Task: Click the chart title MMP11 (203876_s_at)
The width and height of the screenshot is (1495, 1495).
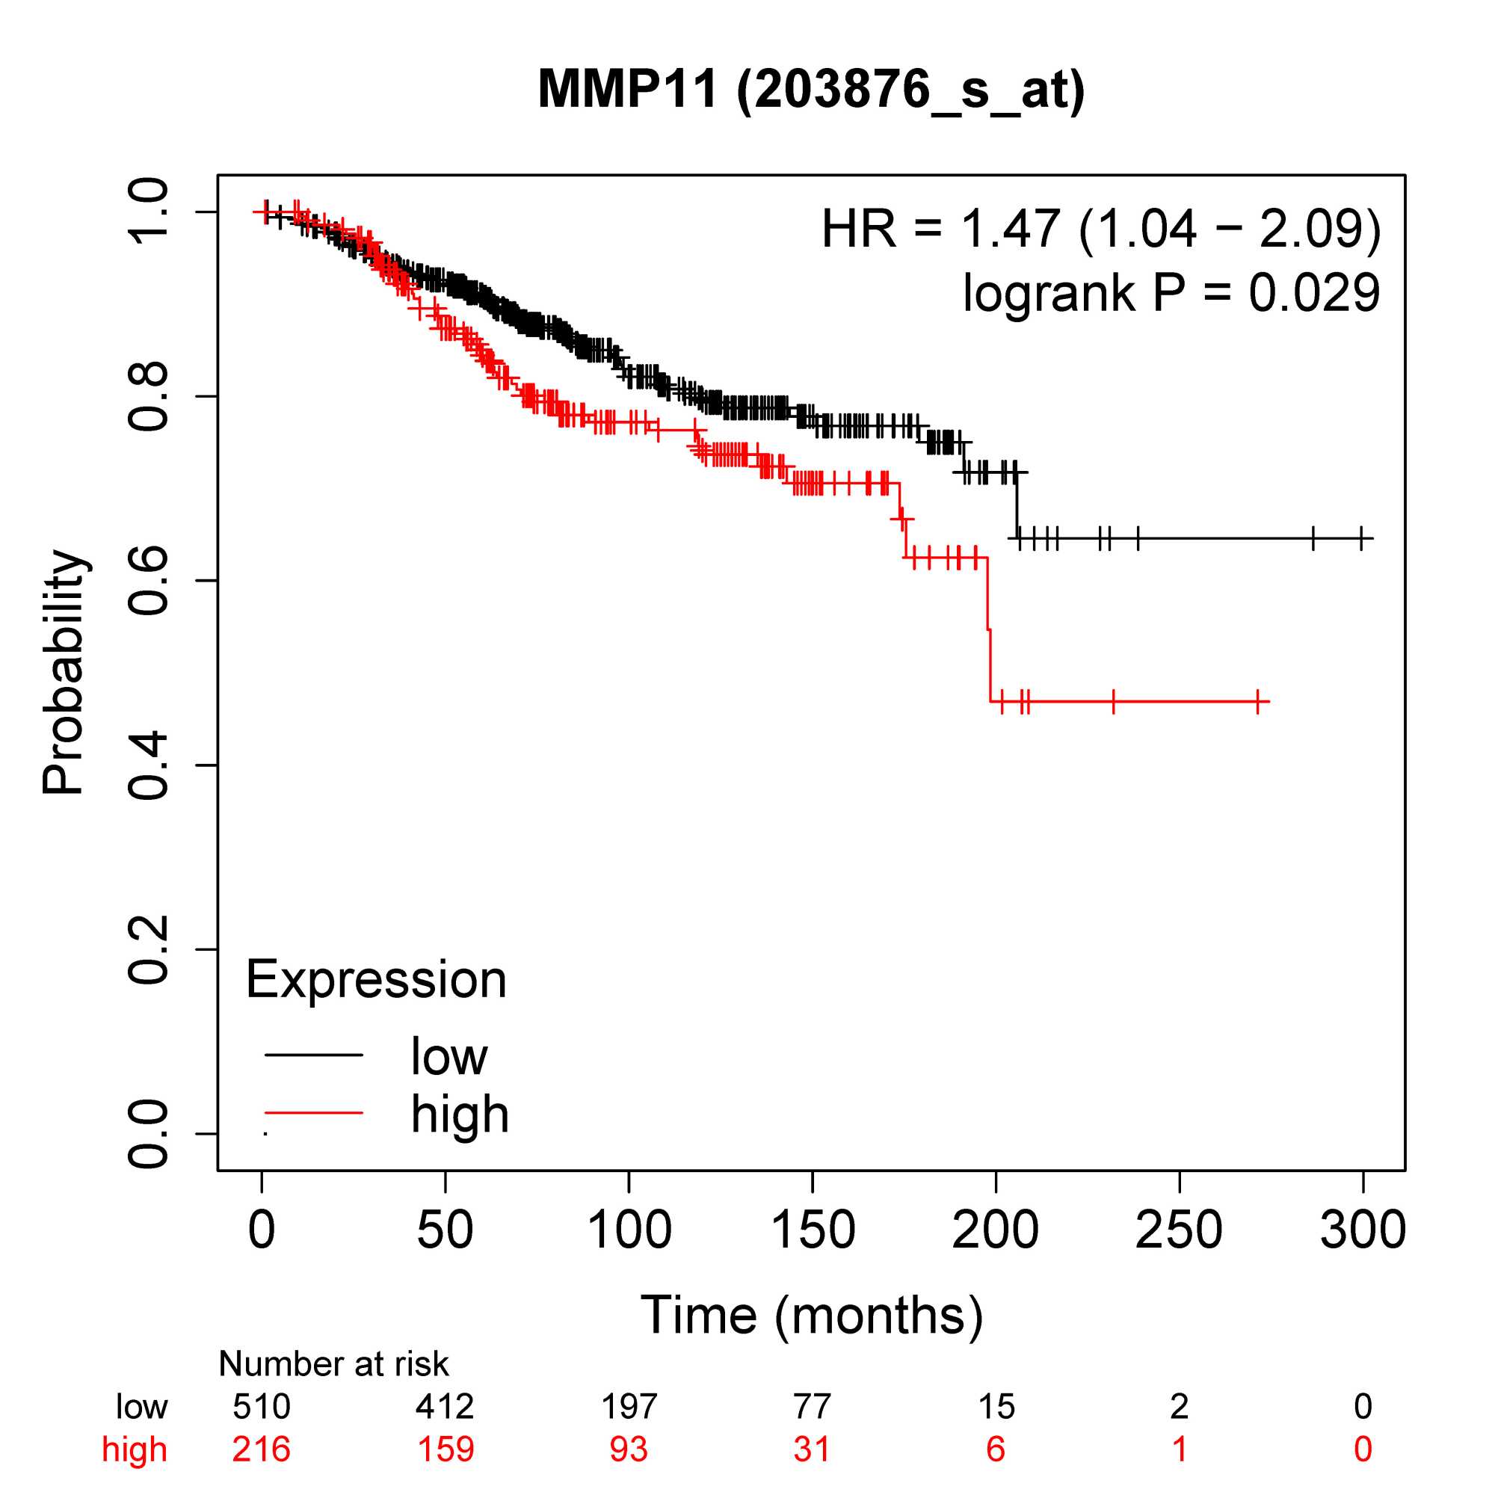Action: click(811, 89)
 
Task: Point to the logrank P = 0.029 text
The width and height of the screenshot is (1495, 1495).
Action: click(1171, 292)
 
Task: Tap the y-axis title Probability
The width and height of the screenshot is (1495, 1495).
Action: click(63, 672)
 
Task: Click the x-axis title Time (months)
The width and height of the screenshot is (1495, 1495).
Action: click(811, 1315)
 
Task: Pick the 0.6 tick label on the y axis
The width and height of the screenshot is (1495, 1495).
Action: click(147, 580)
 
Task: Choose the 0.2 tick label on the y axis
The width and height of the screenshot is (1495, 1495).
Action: click(147, 949)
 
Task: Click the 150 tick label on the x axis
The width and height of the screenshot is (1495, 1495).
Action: click(813, 1230)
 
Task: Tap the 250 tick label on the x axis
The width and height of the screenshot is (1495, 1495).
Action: click(1179, 1230)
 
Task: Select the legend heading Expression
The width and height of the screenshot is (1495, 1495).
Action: click(376, 980)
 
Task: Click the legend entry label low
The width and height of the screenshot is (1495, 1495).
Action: click(449, 1056)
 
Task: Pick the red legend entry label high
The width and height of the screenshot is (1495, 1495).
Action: click(460, 1115)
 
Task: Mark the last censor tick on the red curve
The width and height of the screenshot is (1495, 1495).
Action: click(1258, 702)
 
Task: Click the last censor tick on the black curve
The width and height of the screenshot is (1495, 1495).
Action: click(1361, 537)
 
